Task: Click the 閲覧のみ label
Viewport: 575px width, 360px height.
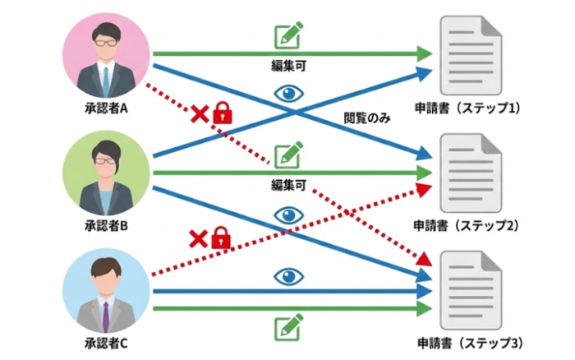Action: pyautogui.click(x=366, y=120)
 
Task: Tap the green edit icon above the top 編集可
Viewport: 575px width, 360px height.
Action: pyautogui.click(x=288, y=36)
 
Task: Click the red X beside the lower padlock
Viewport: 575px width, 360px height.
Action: pyautogui.click(x=197, y=239)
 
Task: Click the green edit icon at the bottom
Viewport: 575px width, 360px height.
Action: pyautogui.click(x=288, y=327)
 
